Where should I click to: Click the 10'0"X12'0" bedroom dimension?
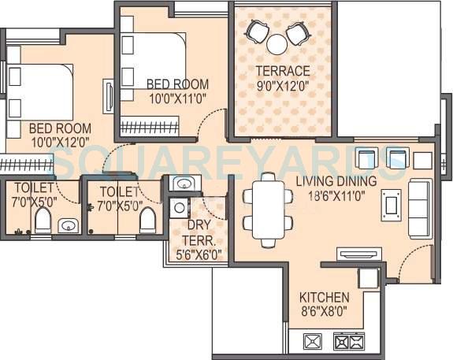coord(60,141)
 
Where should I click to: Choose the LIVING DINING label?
coord(336,180)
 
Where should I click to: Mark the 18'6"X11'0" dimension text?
coord(336,194)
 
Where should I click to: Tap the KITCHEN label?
coord(324,298)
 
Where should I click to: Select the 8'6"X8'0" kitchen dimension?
coord(324,311)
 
